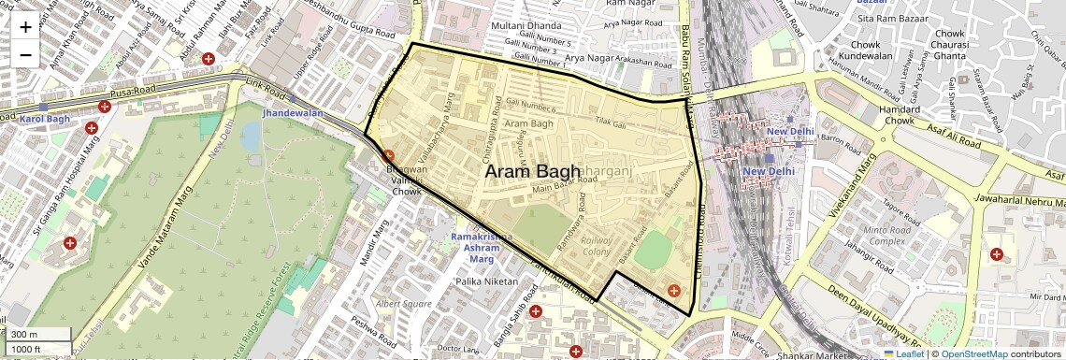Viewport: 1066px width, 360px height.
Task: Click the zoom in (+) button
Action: point(25,27)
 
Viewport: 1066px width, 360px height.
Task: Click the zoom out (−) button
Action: point(25,54)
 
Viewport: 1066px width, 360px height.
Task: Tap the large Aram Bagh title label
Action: point(532,172)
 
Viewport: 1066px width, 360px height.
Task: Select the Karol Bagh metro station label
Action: point(45,120)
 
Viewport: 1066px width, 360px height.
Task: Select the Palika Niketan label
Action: point(486,281)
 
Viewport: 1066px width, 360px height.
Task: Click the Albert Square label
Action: point(403,304)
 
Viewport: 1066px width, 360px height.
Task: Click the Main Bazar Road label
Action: point(563,188)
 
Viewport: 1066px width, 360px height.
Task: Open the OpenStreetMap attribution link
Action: point(973,353)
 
